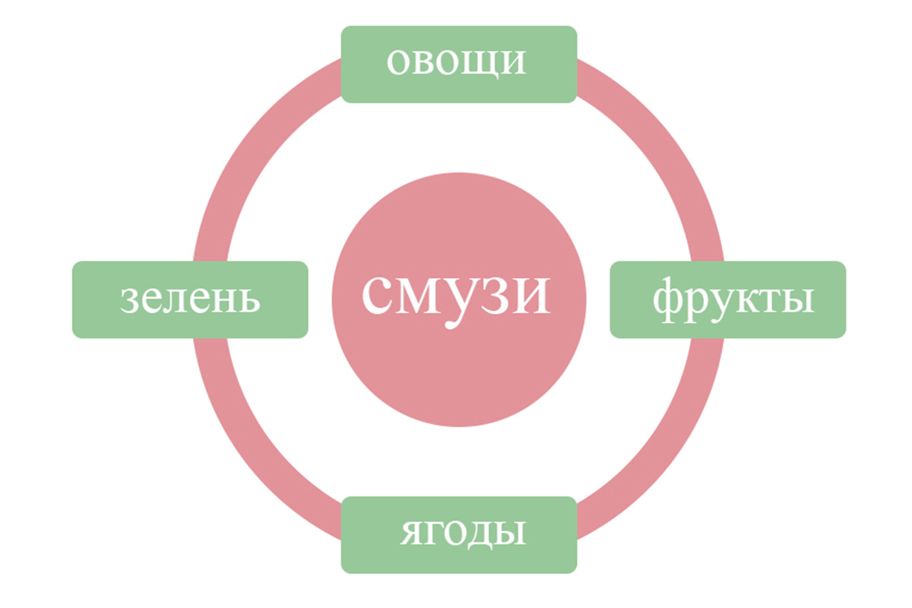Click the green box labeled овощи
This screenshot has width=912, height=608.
(x=459, y=65)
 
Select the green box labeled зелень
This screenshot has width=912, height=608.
(x=190, y=299)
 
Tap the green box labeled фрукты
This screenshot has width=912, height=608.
(x=728, y=299)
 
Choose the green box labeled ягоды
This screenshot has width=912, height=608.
(x=459, y=535)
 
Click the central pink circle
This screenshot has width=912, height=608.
(x=459, y=299)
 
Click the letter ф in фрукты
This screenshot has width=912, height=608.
(x=670, y=300)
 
